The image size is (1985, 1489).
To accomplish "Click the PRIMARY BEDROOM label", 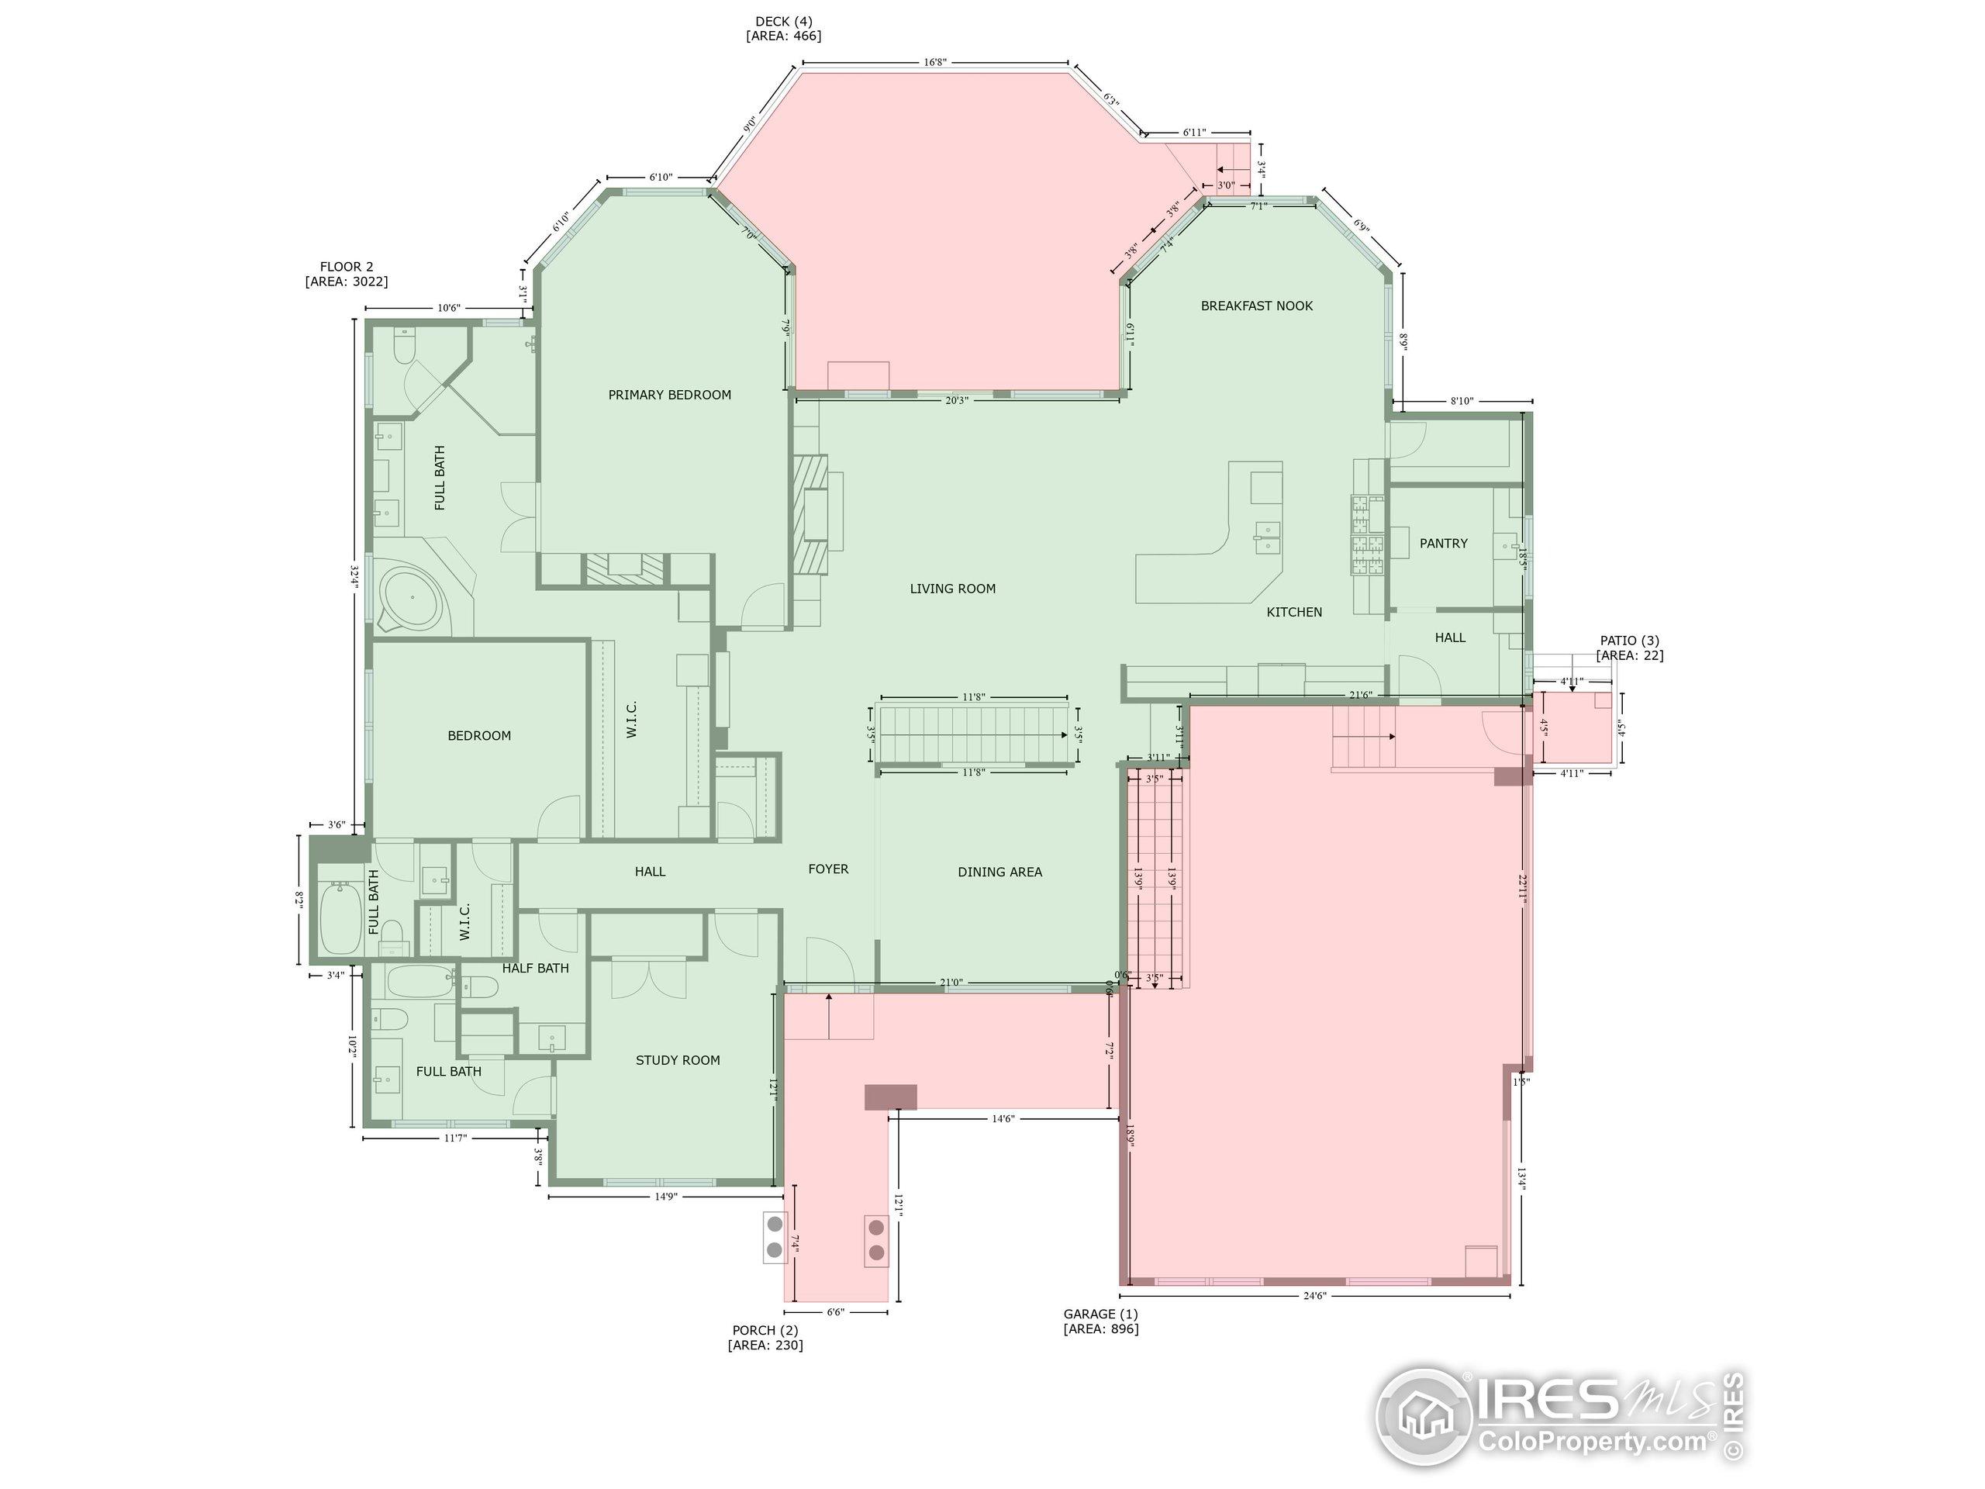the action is [669, 395].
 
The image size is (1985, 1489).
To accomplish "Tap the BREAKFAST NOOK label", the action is [1256, 306].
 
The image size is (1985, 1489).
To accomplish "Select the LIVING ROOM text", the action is [952, 589].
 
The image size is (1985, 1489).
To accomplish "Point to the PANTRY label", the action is [1443, 543].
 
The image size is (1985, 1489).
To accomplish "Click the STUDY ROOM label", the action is [678, 1060].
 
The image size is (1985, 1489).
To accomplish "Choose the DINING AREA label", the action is [999, 872].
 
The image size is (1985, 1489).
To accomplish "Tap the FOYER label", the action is [827, 869].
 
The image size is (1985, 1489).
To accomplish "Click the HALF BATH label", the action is [535, 968].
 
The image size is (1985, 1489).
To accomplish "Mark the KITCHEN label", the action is [1294, 612].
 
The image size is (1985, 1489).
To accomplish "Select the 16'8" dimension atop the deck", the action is [934, 62].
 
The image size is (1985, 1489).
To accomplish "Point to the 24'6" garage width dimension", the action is [1314, 1295].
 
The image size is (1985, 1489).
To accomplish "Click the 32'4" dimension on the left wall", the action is [354, 575].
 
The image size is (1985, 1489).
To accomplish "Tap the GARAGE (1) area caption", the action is [1101, 1321].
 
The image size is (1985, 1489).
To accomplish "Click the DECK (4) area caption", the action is [783, 29].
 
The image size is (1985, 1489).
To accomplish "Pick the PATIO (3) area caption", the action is [1630, 648].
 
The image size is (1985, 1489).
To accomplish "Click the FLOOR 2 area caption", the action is [347, 274].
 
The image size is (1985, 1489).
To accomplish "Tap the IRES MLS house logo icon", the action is [1426, 1417].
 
